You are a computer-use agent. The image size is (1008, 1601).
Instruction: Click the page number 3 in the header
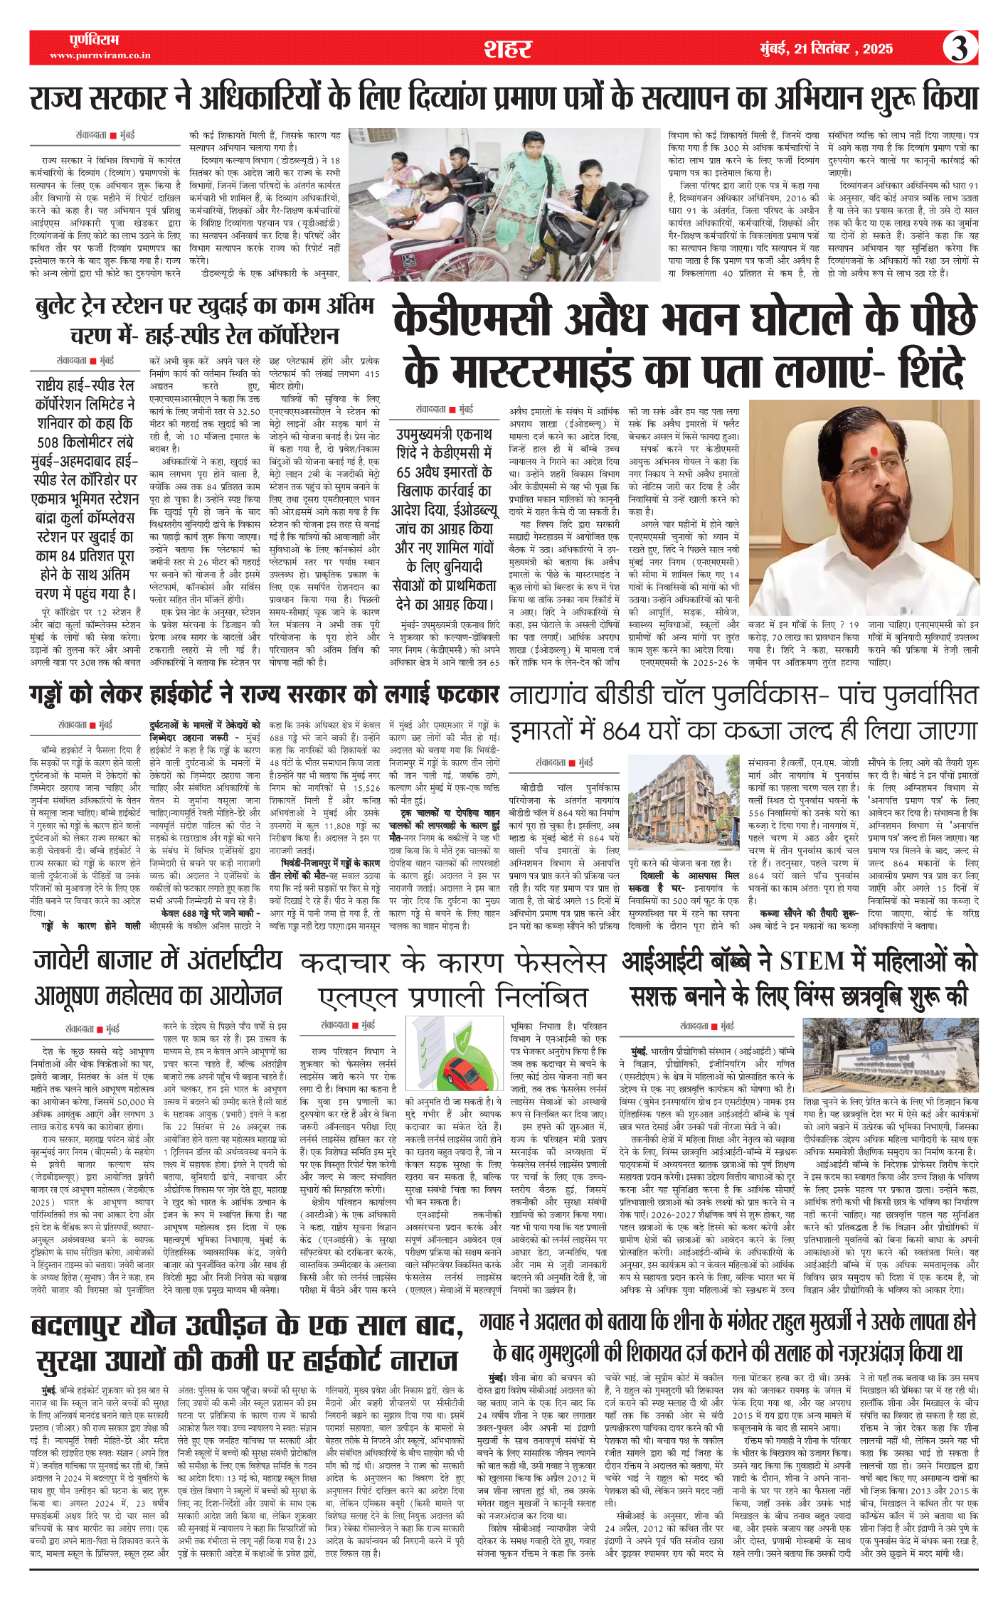coord(960,48)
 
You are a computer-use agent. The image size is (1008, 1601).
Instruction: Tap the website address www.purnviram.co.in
coord(100,55)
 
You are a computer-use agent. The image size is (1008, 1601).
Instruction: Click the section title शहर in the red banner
coord(507,48)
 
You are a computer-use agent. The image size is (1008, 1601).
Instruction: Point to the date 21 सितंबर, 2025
coord(826,48)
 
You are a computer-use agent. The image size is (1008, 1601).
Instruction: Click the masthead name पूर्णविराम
coord(94,40)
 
